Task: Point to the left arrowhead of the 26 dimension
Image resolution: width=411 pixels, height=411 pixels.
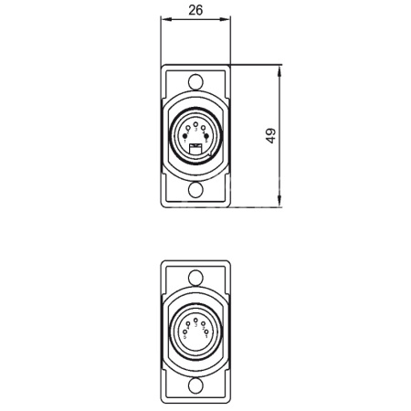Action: pos(164,21)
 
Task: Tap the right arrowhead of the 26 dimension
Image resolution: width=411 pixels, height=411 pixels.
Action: pos(228,21)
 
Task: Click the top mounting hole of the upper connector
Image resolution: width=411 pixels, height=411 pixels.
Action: pos(195,80)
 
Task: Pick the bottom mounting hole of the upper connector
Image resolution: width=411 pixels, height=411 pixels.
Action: pos(195,192)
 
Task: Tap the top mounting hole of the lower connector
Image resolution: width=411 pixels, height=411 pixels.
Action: pos(195,277)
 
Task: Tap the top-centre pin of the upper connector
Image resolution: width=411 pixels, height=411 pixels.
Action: pos(195,123)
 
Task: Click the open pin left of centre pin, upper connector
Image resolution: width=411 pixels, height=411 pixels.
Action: pos(188,127)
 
